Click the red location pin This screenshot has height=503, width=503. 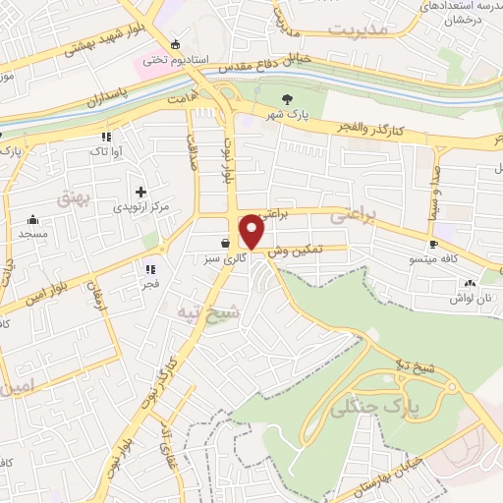click(252, 231)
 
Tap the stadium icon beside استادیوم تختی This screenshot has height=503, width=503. click(175, 44)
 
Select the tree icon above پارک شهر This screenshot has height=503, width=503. click(287, 98)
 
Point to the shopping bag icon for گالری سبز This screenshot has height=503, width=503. click(227, 241)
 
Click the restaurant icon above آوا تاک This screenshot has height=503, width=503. click(105, 138)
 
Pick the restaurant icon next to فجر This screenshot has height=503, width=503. click(150, 268)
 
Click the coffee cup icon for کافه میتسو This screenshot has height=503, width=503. click(432, 243)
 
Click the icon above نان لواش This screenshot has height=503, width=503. click(467, 283)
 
